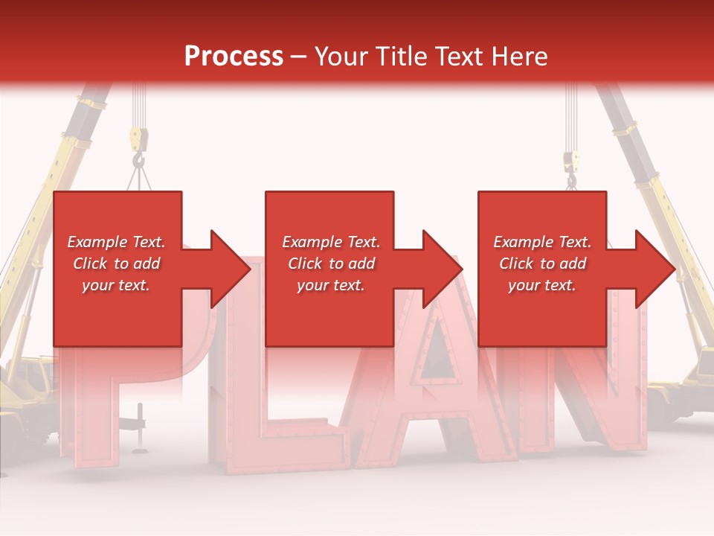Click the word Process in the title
coord(234,57)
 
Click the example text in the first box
coord(116,264)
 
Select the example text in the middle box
coord(331,264)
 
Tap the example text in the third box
coord(542,264)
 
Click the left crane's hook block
coord(138,140)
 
